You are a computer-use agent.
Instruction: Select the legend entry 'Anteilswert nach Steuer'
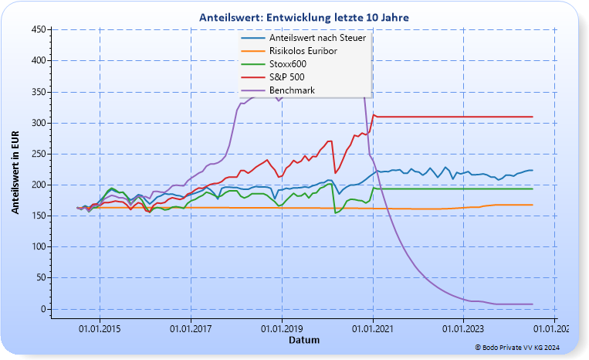pyautogui.click(x=317, y=38)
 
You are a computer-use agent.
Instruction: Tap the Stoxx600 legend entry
pyautogui.click(x=288, y=64)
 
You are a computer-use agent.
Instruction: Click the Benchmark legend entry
pyautogui.click(x=292, y=90)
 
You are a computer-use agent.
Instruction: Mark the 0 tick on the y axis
pyautogui.click(x=42, y=309)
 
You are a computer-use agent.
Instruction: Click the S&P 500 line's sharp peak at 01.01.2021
pyautogui.click(x=374, y=114)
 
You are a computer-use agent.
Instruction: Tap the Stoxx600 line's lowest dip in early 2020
pyautogui.click(x=335, y=212)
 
